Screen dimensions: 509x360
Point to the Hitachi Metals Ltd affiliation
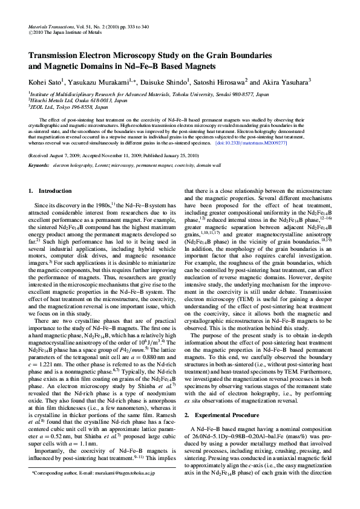(x=61, y=100)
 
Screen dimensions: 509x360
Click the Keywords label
(x=39, y=165)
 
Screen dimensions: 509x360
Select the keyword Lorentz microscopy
(x=113, y=165)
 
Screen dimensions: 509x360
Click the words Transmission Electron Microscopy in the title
(x=92, y=54)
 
